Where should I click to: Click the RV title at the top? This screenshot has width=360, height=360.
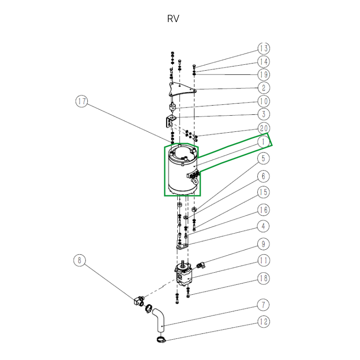(x=173, y=19)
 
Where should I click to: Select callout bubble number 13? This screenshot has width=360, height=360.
(x=264, y=49)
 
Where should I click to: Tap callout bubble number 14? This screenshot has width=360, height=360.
(x=264, y=62)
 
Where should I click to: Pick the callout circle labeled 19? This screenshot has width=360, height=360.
(x=264, y=75)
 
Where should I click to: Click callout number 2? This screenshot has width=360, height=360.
(x=264, y=88)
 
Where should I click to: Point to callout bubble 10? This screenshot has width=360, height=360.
(x=264, y=102)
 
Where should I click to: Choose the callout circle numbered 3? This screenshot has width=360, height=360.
(x=264, y=115)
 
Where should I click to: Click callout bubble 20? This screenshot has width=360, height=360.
(x=264, y=128)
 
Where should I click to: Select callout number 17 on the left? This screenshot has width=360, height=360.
(x=81, y=102)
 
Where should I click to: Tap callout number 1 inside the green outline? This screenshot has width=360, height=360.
(x=264, y=142)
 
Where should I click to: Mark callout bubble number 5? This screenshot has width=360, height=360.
(x=264, y=158)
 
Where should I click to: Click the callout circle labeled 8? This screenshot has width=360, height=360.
(x=80, y=260)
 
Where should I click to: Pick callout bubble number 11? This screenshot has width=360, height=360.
(x=264, y=261)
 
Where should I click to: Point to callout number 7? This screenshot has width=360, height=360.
(x=264, y=305)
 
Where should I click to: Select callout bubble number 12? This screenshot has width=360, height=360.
(x=264, y=322)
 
